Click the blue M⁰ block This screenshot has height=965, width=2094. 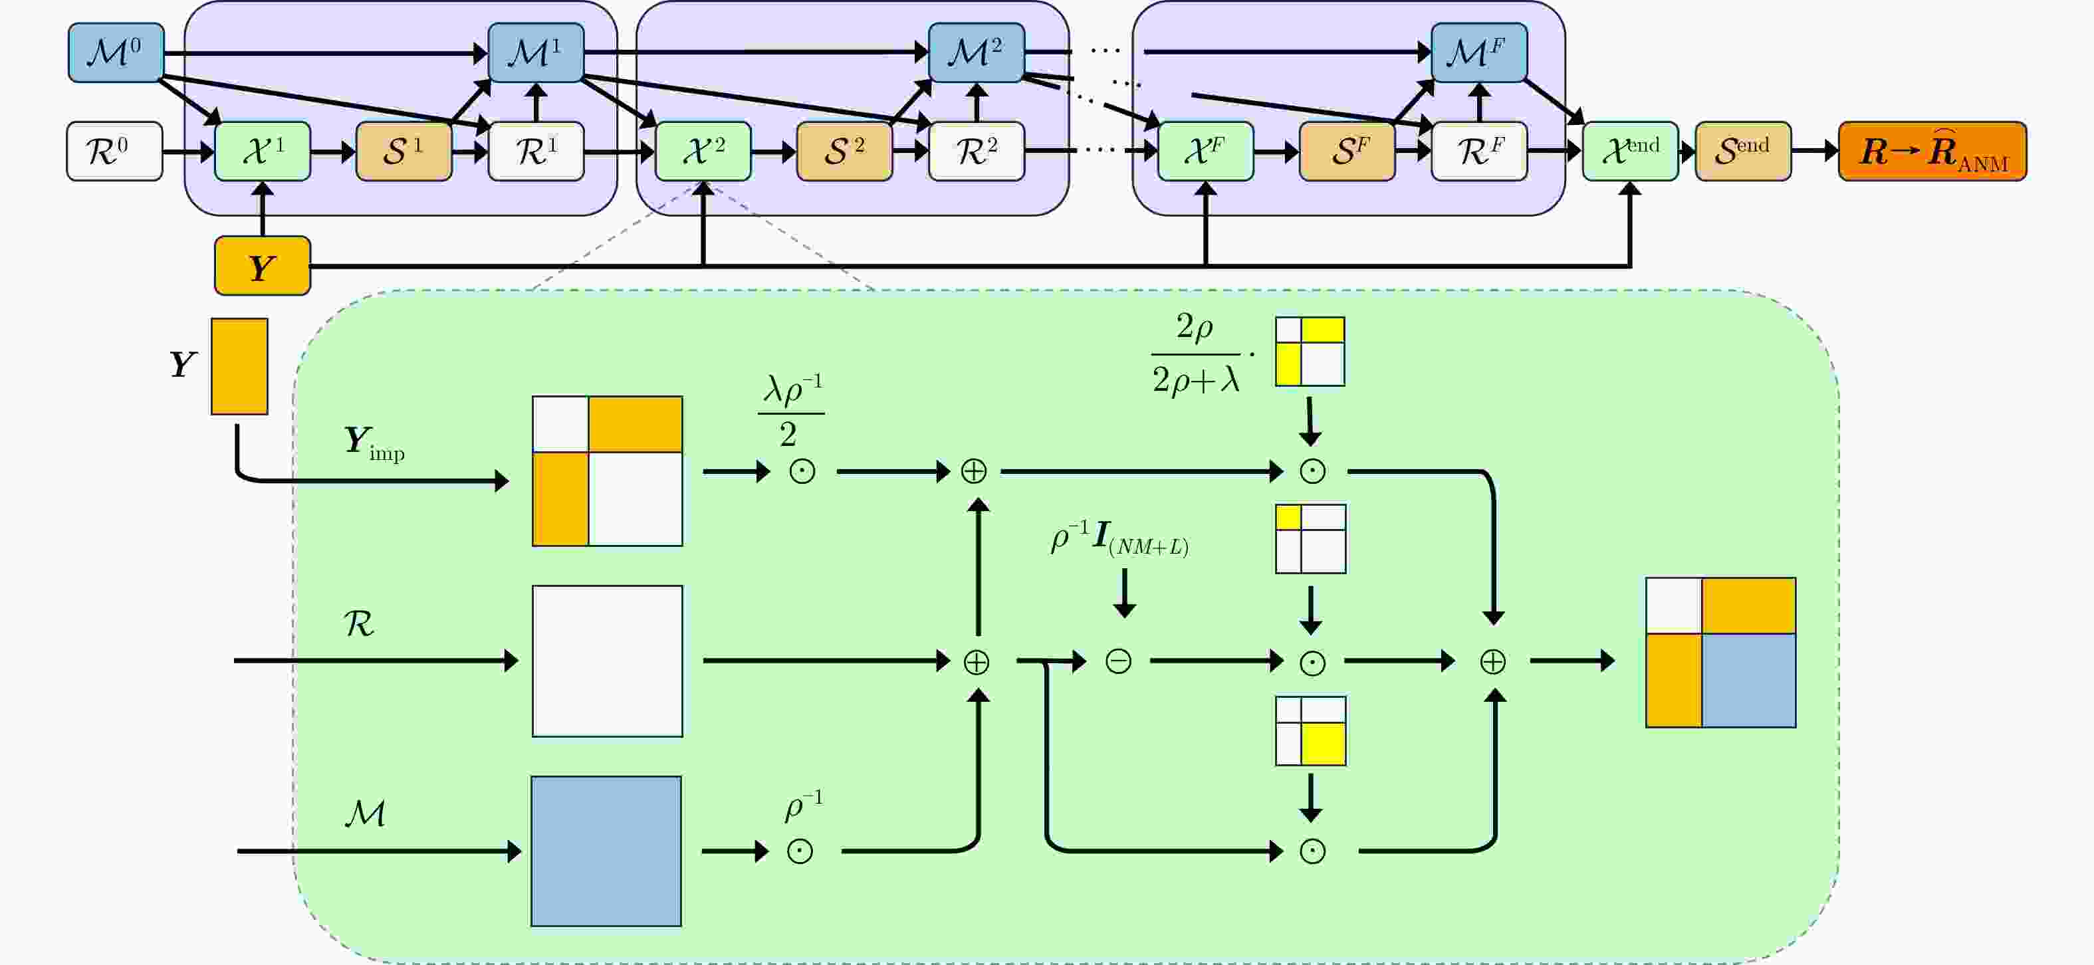(116, 53)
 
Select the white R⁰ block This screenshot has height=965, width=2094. (114, 152)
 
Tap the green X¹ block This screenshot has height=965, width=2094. (263, 152)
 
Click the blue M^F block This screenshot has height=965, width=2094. (1478, 53)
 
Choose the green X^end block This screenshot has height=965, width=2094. (1630, 152)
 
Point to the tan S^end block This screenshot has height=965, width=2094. (1743, 152)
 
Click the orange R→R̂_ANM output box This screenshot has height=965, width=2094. (1932, 152)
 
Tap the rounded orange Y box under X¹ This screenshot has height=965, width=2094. (263, 266)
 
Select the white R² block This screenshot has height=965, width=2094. (977, 152)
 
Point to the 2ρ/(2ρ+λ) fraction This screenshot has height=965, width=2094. (1195, 354)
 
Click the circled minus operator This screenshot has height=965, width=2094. (1119, 661)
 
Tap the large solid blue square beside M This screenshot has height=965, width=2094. (606, 851)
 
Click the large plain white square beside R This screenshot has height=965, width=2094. (607, 661)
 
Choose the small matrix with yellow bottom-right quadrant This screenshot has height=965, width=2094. (1310, 731)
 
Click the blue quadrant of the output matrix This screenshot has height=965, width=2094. (1748, 681)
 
